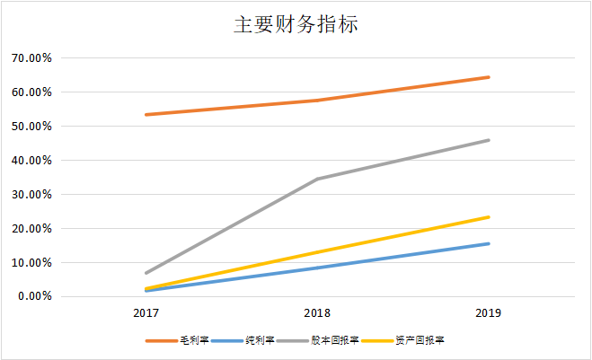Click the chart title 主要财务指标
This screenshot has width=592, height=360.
[296, 24]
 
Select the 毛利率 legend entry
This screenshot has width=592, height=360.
[193, 340]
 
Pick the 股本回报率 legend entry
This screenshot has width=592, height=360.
[335, 340]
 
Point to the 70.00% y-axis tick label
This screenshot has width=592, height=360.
[31, 58]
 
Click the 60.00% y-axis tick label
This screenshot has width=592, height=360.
[31, 92]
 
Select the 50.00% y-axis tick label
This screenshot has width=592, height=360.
[31, 127]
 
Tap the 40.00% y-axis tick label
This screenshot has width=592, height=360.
[31, 161]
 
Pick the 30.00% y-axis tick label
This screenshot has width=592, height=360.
[31, 195]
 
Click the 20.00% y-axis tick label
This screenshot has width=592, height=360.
[31, 229]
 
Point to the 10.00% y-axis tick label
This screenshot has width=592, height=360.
[31, 263]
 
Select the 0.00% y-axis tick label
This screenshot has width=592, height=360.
[34, 297]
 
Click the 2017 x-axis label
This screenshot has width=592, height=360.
[146, 313]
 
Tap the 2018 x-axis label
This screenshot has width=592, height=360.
[317, 313]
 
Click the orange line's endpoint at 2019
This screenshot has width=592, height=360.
[489, 77]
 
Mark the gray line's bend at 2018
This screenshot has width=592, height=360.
[317, 179]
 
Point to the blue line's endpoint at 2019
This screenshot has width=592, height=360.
[489, 243]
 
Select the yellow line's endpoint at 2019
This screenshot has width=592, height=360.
[489, 217]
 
